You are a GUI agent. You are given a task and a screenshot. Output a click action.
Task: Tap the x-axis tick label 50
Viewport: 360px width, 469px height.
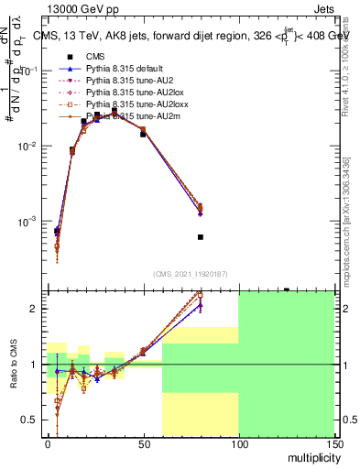[x=143, y=443]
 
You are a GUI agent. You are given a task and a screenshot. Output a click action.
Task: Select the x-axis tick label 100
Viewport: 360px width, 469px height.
[x=238, y=443]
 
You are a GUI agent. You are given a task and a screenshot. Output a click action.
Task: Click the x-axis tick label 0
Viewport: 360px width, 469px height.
[x=48, y=443]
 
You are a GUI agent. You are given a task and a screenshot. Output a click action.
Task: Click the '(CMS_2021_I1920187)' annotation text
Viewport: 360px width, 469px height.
[x=191, y=274]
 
